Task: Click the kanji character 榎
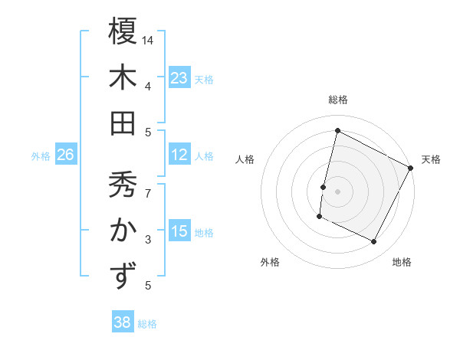click(123, 31)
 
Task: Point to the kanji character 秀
click(123, 184)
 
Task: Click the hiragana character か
click(123, 230)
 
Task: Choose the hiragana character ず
click(123, 276)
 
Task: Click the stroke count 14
click(148, 39)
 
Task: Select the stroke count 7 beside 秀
click(148, 186)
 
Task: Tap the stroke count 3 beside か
click(148, 240)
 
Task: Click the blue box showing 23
click(179, 78)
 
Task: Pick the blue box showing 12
click(179, 155)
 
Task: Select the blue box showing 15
click(179, 231)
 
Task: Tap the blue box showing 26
click(65, 155)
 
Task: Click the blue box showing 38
click(123, 322)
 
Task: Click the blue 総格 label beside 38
click(147, 324)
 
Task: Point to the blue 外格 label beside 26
click(41, 156)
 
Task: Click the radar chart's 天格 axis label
click(431, 159)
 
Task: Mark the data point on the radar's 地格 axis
click(374, 242)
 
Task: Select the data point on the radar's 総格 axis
click(337, 130)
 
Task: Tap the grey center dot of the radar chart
click(337, 191)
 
